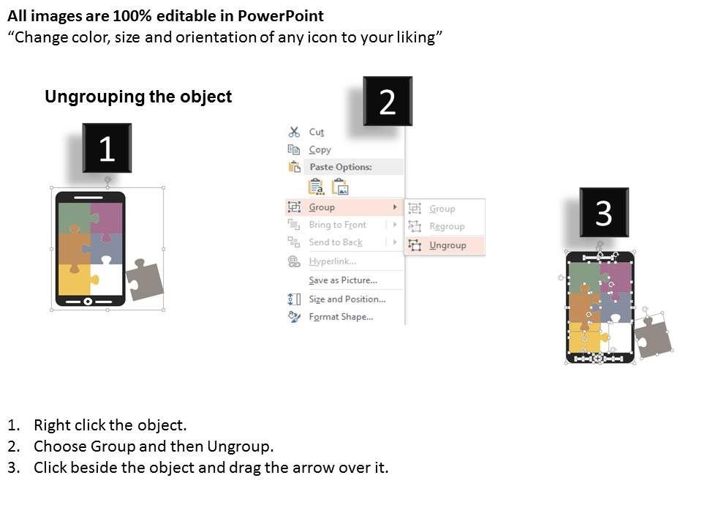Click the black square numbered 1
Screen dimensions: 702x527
pos(107,148)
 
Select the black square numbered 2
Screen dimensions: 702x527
pos(388,101)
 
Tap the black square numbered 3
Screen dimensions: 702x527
pos(604,212)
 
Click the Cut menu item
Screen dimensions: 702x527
pos(316,132)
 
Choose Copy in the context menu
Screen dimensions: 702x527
pos(320,149)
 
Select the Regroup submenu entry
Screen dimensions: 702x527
pos(447,226)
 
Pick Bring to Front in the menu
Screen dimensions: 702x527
pos(338,225)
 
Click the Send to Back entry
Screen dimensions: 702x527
pos(336,242)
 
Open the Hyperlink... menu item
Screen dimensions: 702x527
pos(332,261)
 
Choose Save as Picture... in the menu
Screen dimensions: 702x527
pos(343,280)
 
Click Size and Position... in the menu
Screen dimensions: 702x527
pos(347,299)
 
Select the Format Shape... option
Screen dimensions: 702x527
pos(341,317)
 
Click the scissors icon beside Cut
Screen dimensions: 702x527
pos(294,132)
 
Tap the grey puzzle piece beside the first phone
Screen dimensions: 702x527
pos(145,280)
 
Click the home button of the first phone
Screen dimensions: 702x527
pos(88,301)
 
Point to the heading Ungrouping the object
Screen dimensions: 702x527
pos(138,97)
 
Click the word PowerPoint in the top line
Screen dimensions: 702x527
pos(281,15)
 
